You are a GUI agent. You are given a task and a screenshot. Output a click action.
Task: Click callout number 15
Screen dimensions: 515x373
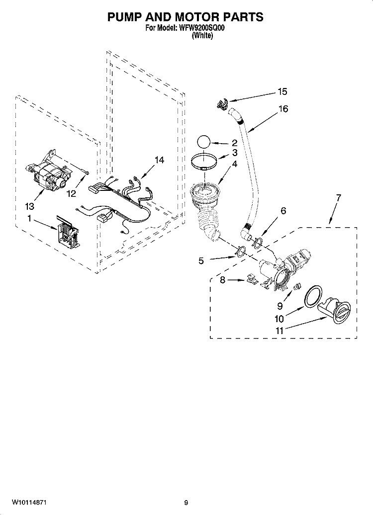click(x=282, y=92)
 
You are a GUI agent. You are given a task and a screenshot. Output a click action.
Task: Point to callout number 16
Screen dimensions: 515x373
click(x=283, y=109)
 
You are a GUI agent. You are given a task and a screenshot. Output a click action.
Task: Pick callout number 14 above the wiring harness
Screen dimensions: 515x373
click(x=159, y=160)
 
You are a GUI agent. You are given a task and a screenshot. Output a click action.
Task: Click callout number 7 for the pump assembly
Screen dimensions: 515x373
click(x=338, y=198)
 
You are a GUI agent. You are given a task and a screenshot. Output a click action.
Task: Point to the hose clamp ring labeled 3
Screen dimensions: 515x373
click(x=205, y=162)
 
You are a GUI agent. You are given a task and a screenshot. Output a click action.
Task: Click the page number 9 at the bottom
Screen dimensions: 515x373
click(x=186, y=502)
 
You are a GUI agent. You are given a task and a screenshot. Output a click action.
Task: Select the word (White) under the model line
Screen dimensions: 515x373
click(x=202, y=36)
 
